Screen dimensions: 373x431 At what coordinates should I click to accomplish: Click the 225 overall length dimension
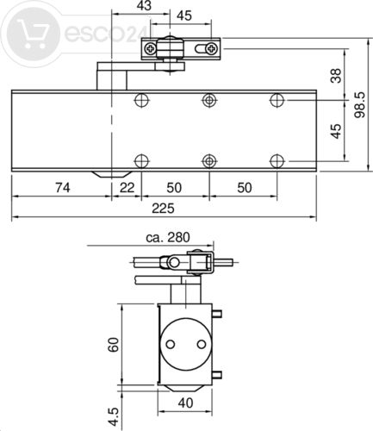coord(163,208)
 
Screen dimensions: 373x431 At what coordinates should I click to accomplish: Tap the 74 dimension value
coord(63,188)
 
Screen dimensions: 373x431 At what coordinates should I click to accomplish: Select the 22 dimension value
coord(127,188)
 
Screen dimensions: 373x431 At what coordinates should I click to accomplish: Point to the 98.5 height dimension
coord(359,104)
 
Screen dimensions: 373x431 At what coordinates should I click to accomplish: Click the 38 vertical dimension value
coord(336,76)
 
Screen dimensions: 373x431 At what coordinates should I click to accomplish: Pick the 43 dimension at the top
coord(144,5)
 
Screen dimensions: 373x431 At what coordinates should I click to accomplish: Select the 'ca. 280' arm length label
coord(168,238)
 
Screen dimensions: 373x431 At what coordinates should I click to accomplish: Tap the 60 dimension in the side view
coord(114,345)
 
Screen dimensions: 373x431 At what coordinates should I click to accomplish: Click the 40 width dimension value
coord(185,403)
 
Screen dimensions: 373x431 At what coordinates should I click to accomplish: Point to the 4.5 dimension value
coord(114,416)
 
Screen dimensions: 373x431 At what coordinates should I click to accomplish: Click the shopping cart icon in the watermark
coord(32,34)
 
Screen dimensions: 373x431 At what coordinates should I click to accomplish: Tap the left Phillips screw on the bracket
coord(150,48)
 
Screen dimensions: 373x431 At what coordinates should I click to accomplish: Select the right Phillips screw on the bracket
coord(212,48)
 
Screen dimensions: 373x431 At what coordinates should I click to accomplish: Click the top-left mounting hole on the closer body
coord(141,100)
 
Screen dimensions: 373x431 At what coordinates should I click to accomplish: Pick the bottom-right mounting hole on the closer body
coord(277,161)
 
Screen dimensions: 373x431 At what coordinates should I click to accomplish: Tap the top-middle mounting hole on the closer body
coord(209,100)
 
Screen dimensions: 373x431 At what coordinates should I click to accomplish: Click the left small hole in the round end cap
coord(171,344)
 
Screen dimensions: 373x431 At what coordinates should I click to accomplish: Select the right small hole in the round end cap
coord(202,344)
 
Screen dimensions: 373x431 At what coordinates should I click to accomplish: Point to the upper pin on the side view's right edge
coord(217,314)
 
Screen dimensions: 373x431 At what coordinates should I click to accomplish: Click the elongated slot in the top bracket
coord(201,48)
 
